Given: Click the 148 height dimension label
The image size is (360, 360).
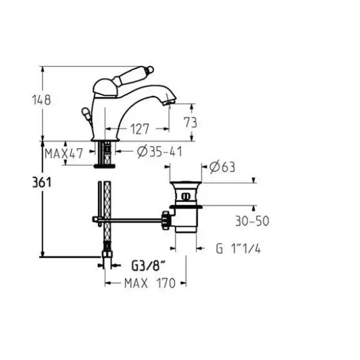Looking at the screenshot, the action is coord(41,100).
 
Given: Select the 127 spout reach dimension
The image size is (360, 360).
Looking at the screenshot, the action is coord(140,129).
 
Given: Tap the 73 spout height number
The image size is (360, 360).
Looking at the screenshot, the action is coord(190,122).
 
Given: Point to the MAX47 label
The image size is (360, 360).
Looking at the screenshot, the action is coord(64,154).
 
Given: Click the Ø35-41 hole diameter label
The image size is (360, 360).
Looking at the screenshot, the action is coord(159,152).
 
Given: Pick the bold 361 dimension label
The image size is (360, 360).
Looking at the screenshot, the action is coord(42,183).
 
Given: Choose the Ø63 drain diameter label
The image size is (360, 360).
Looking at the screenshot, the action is coord(222,167).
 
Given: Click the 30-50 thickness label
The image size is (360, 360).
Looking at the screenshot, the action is coord(252,221).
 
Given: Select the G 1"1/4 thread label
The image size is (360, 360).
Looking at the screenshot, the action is coord(238,248).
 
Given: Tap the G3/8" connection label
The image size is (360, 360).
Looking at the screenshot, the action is coord(149,266).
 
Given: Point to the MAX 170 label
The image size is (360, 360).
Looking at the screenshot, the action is coord(150,283).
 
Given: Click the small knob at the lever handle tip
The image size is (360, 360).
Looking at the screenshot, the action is coord(150,69).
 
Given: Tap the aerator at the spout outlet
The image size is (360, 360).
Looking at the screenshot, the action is coord(169,101).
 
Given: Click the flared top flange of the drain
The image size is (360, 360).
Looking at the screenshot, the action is coord(186,184).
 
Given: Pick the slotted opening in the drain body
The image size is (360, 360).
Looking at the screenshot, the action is coord(185,196).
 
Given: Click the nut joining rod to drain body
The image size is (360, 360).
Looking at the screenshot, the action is coord(167,221).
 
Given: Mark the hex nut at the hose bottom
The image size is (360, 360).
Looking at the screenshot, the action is coord(107,254).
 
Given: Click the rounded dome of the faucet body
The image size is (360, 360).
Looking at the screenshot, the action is coord(104,88).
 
